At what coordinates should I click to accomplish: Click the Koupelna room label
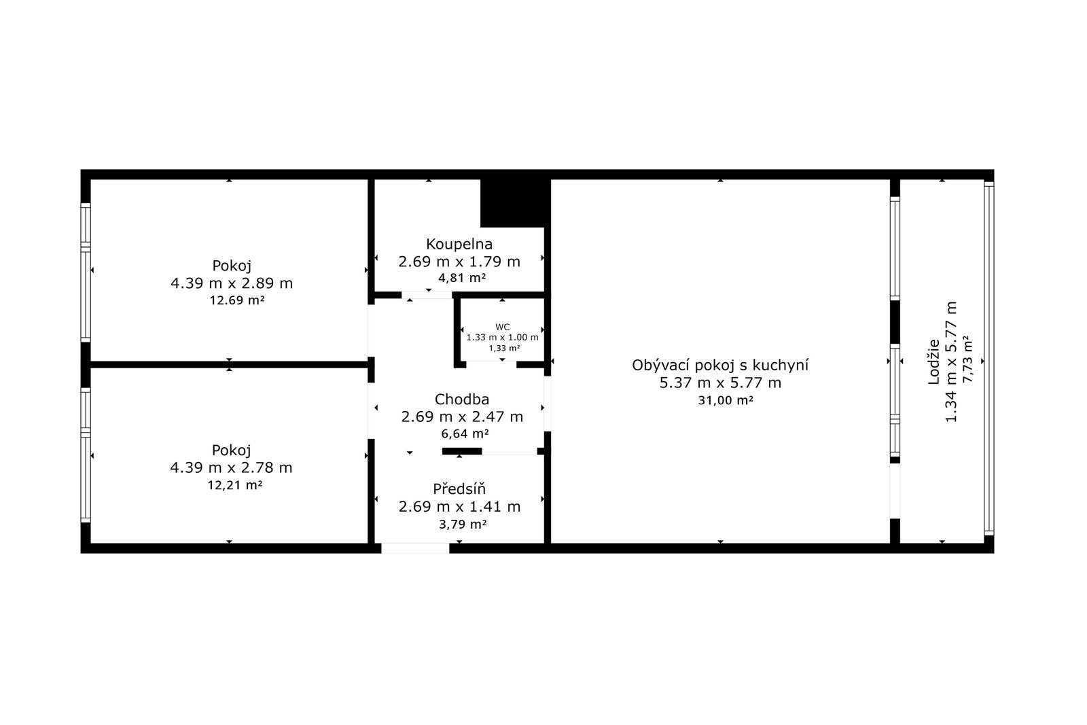point(459,244)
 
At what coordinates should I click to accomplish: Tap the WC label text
point(502,327)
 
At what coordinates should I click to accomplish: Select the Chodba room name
point(461,400)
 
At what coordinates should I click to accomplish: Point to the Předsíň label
point(459,488)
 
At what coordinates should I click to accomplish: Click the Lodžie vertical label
point(933,362)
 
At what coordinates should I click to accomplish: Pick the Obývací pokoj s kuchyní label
point(720,365)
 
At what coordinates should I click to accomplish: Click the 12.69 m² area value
point(237,300)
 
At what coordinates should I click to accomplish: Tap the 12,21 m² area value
point(235,484)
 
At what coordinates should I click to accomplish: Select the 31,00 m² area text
point(726,400)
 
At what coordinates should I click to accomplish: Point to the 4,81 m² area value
point(462,278)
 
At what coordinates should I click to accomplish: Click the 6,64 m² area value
point(465,434)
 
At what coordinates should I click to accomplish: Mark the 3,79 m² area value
point(463,524)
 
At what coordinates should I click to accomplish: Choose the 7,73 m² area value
point(967,359)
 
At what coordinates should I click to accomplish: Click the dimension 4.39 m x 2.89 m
point(232,283)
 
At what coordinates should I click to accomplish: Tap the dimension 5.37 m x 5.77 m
point(720,383)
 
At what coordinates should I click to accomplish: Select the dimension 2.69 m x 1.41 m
point(459,507)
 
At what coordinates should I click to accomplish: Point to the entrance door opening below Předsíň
point(415,548)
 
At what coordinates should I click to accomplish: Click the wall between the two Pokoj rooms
point(229,364)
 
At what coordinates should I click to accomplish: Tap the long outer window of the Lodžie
point(989,359)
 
